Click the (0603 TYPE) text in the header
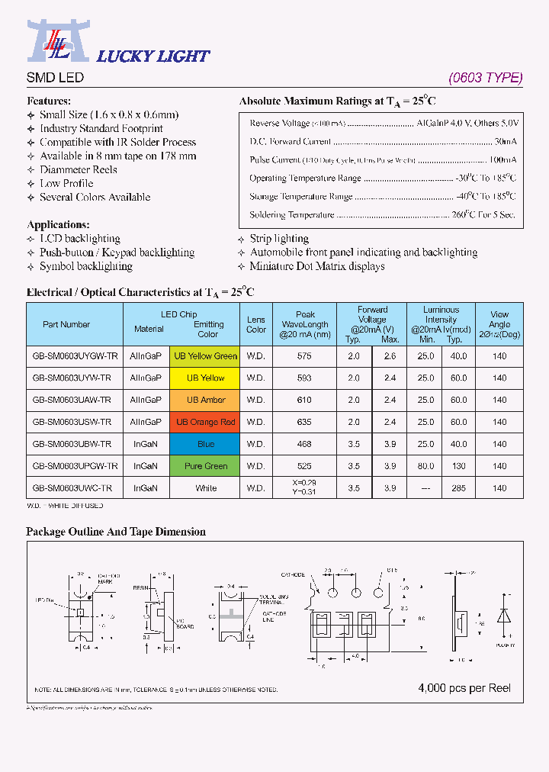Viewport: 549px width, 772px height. (x=485, y=78)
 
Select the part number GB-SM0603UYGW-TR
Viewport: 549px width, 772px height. (x=75, y=356)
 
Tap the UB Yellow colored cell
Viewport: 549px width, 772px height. (x=206, y=378)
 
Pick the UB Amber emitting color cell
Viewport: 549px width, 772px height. (x=206, y=400)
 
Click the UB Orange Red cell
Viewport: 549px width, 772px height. (x=206, y=423)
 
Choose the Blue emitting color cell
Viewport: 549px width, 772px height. (x=206, y=444)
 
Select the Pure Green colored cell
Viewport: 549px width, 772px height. (x=206, y=466)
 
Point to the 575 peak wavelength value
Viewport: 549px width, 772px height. (x=305, y=356)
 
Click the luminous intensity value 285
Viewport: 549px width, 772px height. (x=457, y=488)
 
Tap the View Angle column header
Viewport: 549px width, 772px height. (x=499, y=324)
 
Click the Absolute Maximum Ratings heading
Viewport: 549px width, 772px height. (x=337, y=101)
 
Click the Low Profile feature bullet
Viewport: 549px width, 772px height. (x=66, y=184)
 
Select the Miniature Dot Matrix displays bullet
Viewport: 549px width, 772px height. (x=317, y=266)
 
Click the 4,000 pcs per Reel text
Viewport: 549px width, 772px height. (x=464, y=688)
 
